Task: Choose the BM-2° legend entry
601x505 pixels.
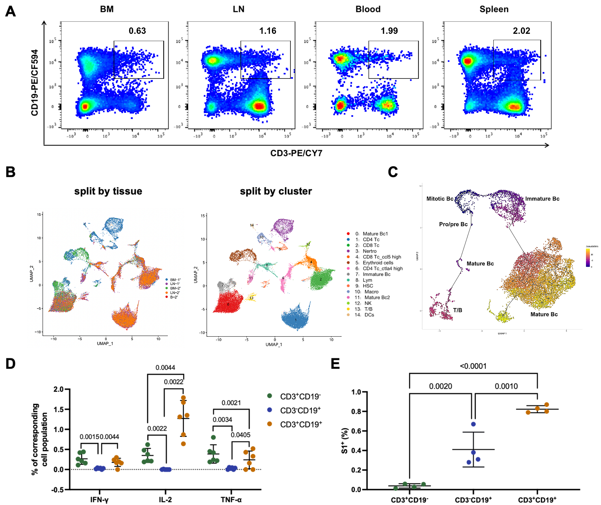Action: point(175,288)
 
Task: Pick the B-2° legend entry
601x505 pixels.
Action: point(173,297)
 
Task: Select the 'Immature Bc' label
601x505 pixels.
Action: point(542,199)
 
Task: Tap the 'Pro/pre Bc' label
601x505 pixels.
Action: point(453,224)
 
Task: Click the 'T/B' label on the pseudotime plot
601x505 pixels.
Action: point(457,310)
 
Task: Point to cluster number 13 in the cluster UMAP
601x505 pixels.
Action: point(251,298)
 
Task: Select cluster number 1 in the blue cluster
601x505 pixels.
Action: point(295,320)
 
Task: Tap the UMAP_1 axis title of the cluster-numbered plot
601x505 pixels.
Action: point(274,344)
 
